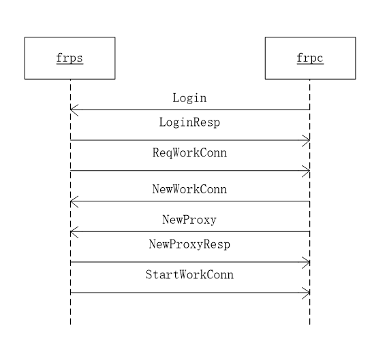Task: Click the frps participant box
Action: (69, 58)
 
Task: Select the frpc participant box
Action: (310, 58)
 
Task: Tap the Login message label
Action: (189, 98)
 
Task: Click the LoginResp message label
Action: (189, 123)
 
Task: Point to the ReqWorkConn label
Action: (189, 153)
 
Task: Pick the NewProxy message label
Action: (189, 220)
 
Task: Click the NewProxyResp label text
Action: (189, 244)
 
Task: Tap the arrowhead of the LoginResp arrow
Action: (307, 140)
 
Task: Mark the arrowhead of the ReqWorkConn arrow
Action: (307, 171)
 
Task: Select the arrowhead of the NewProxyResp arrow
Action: (307, 263)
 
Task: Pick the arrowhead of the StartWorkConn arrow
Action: (307, 293)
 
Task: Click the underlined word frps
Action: (69, 58)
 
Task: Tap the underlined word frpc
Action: (310, 58)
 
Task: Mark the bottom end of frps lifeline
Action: (70, 323)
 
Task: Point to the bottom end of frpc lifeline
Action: (310, 323)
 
